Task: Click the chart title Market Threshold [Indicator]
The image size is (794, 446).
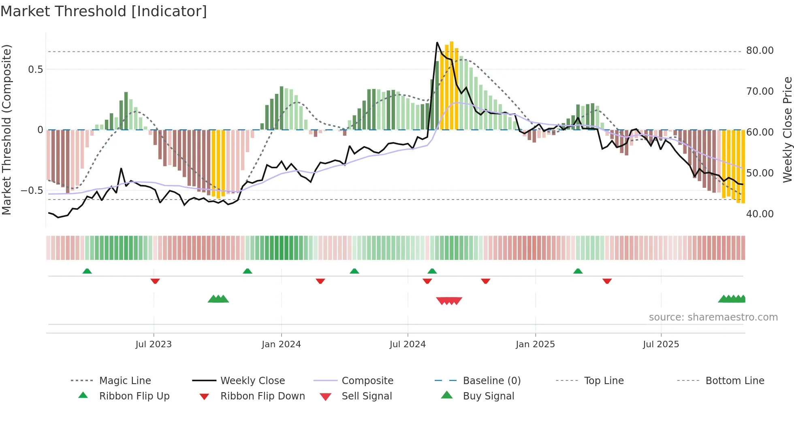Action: point(104,11)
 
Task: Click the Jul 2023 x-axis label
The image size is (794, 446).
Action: point(154,344)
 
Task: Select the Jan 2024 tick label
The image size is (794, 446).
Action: point(281,344)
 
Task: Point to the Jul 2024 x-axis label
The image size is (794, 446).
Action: point(408,344)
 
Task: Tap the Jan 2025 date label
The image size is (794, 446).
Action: point(535,344)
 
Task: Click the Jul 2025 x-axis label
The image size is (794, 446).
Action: point(661,344)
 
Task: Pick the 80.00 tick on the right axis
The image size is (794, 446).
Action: point(760,51)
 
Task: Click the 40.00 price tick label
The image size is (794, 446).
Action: point(760,214)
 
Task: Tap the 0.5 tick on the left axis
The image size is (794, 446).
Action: point(35,70)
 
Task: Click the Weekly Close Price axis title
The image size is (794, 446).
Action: point(787,130)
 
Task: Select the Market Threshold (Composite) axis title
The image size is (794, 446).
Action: point(6,130)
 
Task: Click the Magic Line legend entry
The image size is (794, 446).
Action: point(125,381)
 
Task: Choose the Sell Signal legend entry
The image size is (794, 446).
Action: point(367,396)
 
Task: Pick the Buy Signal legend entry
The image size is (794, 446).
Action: point(488,396)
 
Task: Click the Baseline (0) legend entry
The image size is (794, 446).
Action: point(491,381)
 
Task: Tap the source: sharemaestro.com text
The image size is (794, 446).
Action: point(713,317)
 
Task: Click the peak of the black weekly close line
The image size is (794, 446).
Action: point(437,42)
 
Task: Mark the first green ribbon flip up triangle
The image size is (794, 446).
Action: point(87,271)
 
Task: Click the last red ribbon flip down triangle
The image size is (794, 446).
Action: point(607,281)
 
